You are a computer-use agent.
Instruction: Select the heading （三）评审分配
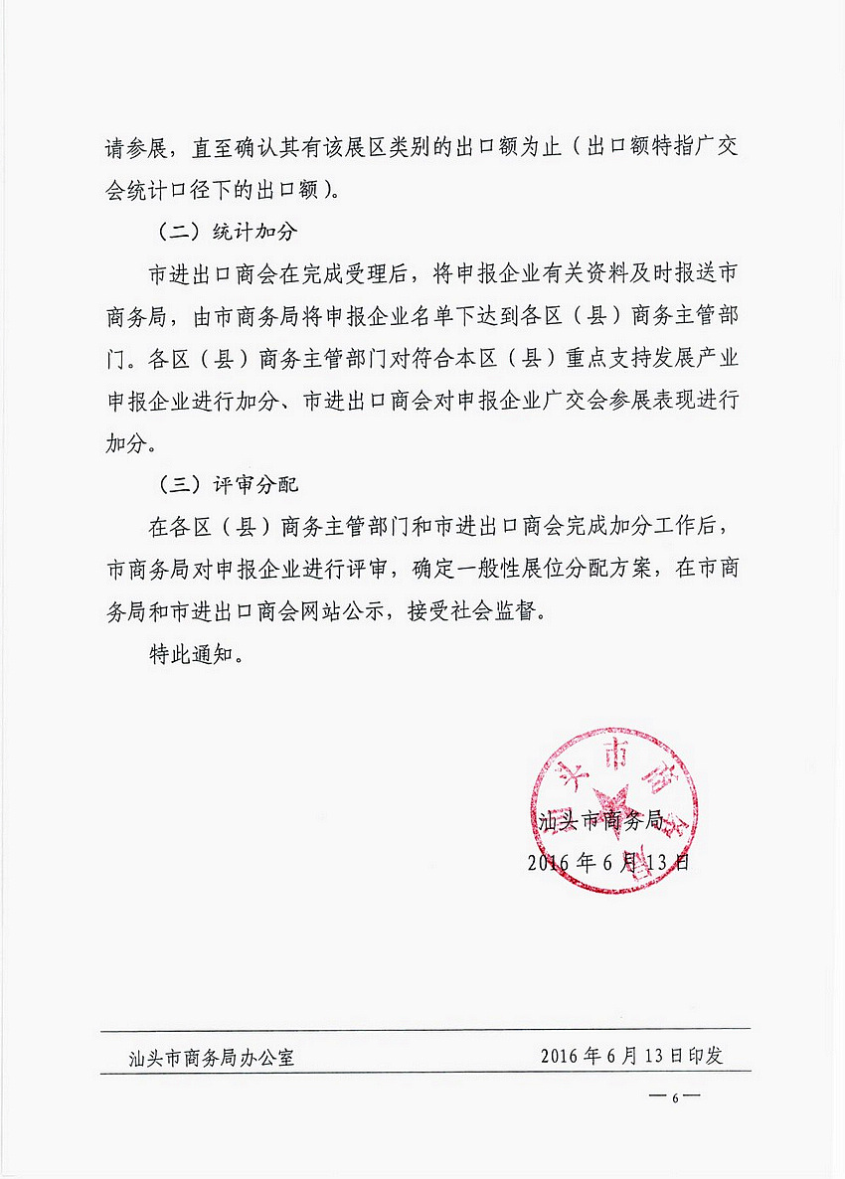pyautogui.click(x=229, y=485)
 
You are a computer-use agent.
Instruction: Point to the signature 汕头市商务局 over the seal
pyautogui.click(x=599, y=821)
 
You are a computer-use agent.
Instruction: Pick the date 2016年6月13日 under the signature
pyautogui.click(x=607, y=861)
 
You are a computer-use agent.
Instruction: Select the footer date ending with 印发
pyautogui.click(x=631, y=1056)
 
